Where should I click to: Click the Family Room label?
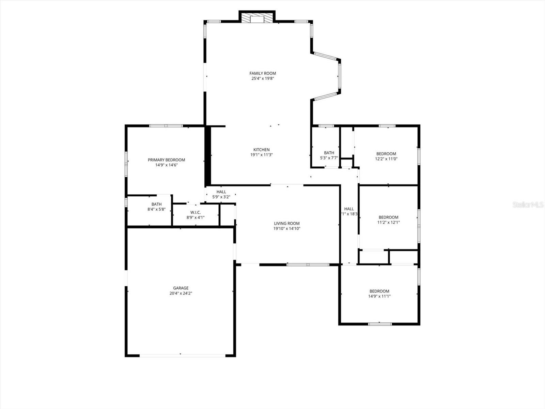point(263,73)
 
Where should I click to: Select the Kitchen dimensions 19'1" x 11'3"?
point(262,155)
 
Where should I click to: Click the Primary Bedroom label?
point(166,160)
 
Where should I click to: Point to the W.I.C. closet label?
point(195,212)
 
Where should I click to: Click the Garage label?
point(181,288)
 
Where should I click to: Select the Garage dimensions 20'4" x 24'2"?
point(181,293)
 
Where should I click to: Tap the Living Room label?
point(287,224)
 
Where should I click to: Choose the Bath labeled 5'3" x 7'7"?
point(329,155)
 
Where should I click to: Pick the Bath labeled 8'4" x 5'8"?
point(156,207)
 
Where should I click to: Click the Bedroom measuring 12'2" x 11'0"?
point(386,156)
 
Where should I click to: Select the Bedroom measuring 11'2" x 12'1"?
point(388,219)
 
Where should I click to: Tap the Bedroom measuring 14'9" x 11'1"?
point(379,293)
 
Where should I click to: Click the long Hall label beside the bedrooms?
point(349,209)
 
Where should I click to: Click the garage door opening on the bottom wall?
point(182,355)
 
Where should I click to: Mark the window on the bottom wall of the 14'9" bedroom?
point(375,324)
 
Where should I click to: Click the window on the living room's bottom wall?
point(308,264)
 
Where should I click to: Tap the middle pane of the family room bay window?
point(339,76)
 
